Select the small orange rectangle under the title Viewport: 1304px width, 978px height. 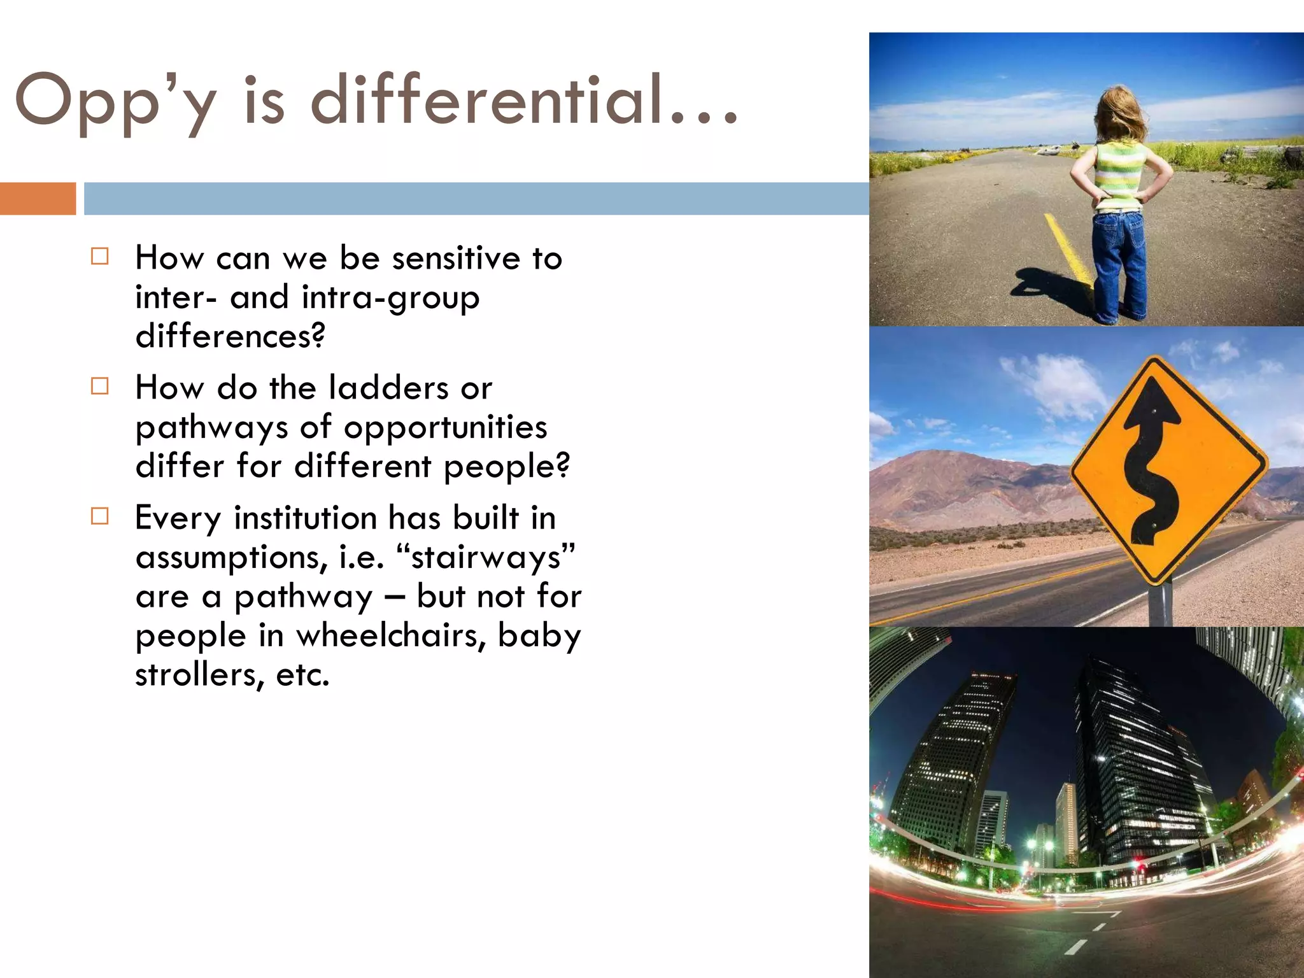[38, 199]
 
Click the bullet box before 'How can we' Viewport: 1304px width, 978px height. [100, 257]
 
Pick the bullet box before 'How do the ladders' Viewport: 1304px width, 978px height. [100, 386]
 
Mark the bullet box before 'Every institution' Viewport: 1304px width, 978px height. [100, 516]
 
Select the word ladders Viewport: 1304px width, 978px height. [389, 388]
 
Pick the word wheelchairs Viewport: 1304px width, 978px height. [388, 636]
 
